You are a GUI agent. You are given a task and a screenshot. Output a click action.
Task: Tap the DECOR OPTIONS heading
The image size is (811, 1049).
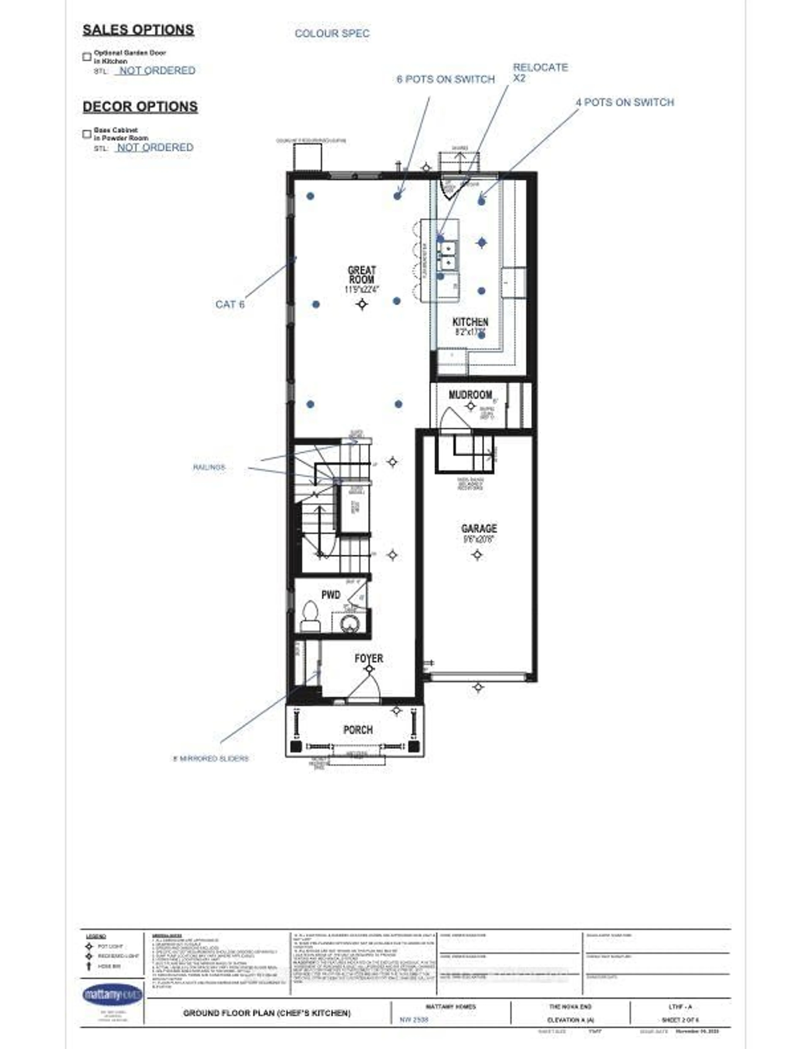coord(140,107)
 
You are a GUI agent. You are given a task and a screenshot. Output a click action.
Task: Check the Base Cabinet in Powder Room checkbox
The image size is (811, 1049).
coord(87,134)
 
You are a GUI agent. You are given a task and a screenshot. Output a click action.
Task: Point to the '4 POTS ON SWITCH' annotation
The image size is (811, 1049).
coord(625,102)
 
